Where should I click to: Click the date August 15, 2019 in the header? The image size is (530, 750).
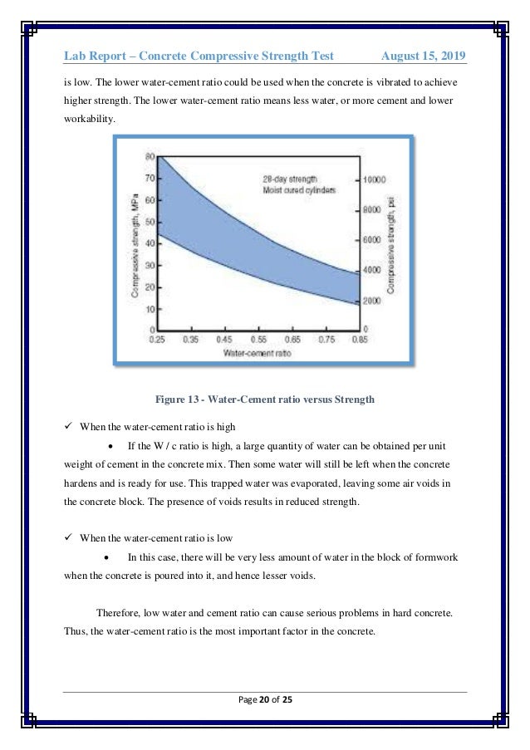[x=423, y=56]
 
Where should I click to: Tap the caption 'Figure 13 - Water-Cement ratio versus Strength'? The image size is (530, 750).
[x=264, y=400]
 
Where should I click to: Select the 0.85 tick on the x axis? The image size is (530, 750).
[x=359, y=339]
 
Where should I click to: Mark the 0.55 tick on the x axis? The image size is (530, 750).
[x=258, y=339]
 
